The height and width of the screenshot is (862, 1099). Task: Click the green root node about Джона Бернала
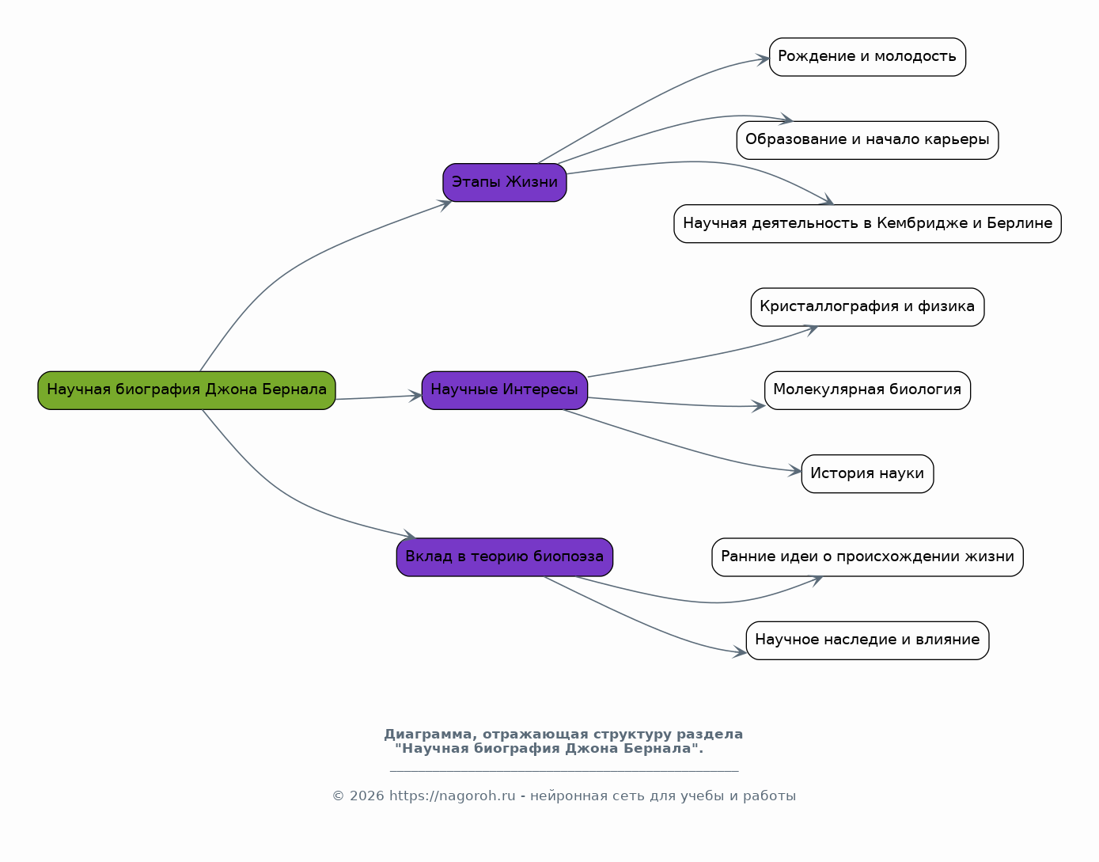point(187,390)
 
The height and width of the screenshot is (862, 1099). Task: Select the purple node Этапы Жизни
point(505,183)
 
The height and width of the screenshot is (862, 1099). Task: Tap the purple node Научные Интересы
point(505,390)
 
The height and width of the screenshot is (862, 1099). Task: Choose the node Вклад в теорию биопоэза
point(505,557)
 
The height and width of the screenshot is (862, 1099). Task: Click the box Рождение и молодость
point(867,57)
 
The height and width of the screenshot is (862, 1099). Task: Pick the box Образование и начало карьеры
point(867,141)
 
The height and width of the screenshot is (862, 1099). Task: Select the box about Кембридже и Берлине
point(867,223)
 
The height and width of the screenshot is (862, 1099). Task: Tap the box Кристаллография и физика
point(867,307)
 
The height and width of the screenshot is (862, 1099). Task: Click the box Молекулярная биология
point(867,390)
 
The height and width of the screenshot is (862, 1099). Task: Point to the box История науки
point(867,474)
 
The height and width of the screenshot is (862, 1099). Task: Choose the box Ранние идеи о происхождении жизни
point(867,557)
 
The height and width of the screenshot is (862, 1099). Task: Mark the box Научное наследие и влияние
point(867,640)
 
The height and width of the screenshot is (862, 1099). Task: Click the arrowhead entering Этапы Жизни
point(445,205)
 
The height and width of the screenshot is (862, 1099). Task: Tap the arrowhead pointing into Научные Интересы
point(415,396)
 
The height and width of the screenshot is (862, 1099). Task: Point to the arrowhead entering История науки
point(795,470)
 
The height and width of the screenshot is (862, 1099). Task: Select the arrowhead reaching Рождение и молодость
point(763,59)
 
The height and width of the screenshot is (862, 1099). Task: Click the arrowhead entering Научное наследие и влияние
point(740,652)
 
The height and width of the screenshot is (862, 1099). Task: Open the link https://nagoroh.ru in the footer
point(452,796)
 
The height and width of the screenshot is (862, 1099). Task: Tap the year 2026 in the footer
point(366,796)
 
